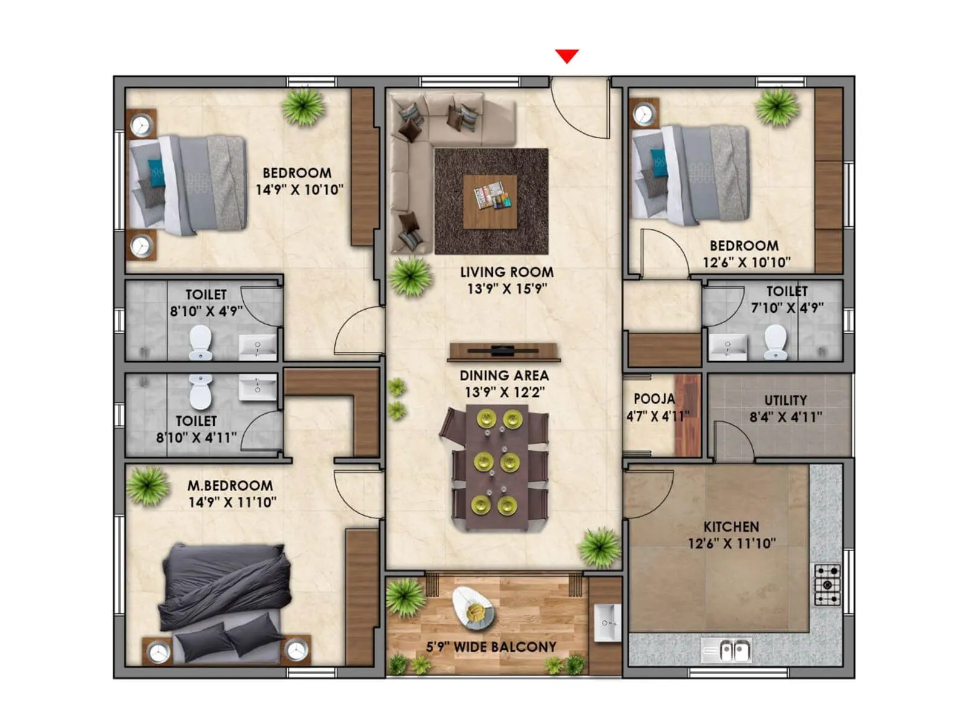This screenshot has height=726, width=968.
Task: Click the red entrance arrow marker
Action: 567,56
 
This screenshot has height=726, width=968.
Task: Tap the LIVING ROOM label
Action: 506,272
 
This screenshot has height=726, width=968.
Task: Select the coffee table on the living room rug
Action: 490,201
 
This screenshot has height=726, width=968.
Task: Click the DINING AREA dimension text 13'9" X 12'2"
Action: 504,392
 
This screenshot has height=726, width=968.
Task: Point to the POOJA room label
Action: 654,399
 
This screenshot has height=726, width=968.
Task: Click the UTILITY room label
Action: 785,401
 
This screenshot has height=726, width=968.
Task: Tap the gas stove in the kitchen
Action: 826,585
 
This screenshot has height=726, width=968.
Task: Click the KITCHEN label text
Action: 731,526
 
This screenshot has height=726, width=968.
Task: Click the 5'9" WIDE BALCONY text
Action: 491,647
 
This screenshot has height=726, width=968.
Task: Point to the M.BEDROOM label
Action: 230,485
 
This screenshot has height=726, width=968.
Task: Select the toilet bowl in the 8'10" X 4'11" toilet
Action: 201,391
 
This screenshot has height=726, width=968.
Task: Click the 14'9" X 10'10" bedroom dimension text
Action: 299,189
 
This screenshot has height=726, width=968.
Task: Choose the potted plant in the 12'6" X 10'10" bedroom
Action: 777,107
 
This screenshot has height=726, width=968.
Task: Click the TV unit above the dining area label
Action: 503,352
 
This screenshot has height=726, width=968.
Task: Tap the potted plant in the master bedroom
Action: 147,486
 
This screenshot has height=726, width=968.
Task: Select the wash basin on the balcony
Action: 606,622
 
